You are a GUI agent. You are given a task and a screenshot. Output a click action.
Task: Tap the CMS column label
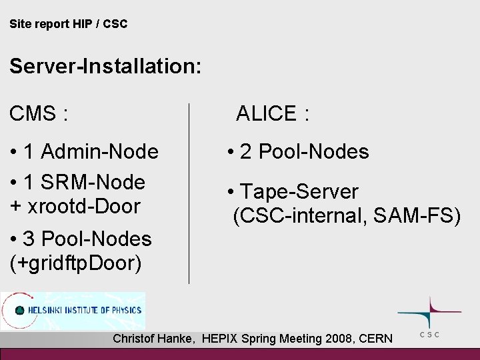click(38, 114)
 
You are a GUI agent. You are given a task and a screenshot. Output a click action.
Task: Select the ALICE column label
click(272, 114)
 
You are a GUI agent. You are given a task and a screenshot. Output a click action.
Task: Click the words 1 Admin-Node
click(91, 153)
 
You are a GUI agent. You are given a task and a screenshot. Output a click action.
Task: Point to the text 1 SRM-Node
click(85, 181)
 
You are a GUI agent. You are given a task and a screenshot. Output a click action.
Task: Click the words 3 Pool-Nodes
click(88, 239)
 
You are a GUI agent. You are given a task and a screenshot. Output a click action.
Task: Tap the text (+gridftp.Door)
click(76, 263)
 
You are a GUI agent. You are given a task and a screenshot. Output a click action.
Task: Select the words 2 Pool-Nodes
click(305, 153)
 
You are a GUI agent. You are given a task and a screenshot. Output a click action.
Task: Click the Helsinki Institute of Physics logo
click(73, 311)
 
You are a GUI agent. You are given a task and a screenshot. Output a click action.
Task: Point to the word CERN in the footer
click(376, 339)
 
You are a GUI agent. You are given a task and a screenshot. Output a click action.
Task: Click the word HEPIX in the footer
click(222, 339)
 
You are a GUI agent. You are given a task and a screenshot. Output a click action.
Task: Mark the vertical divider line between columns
click(190, 193)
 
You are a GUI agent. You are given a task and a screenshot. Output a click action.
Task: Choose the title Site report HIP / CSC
click(69, 24)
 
